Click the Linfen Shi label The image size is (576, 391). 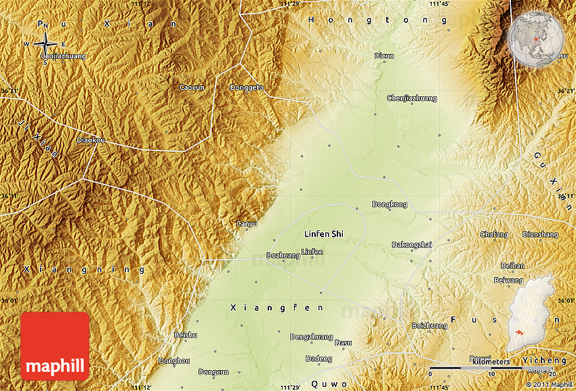tap(323, 234)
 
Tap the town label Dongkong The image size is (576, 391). tap(390, 204)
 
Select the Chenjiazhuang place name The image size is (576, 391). tap(411, 98)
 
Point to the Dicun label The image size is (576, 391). tap(384, 56)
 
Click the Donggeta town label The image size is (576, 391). tap(247, 87)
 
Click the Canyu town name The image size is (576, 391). tap(246, 224)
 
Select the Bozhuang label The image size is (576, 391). tap(283, 255)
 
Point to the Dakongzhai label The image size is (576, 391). tap(411, 245)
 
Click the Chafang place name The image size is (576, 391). tap(493, 234)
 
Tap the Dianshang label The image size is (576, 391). tap(540, 234)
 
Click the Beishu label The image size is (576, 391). tap(185, 335)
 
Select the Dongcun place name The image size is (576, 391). tap(213, 372)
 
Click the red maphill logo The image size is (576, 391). tap(55, 346)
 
